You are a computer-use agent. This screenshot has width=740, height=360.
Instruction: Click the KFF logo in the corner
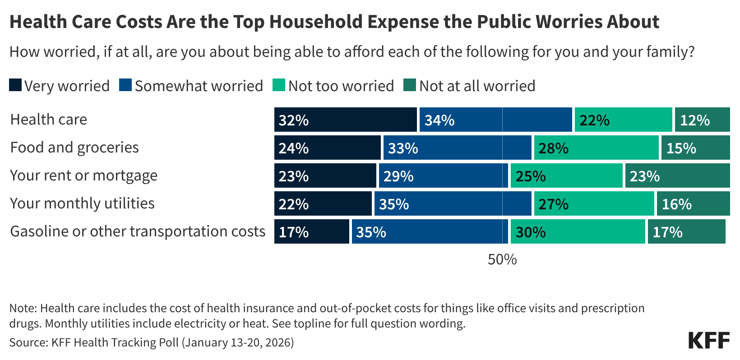709,341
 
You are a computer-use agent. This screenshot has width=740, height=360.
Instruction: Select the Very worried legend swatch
15,85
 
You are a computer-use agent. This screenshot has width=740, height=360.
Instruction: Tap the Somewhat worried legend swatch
125,85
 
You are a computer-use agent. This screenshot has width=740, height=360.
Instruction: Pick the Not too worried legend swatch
279,85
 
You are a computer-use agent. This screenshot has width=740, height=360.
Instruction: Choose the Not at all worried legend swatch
410,85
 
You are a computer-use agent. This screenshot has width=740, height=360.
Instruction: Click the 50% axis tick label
502,259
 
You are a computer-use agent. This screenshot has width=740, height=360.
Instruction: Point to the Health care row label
49,120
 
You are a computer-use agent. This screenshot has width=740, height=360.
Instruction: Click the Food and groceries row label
74,148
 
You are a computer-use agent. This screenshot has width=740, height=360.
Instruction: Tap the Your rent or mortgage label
84,175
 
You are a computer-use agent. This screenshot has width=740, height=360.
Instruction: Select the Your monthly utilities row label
82,203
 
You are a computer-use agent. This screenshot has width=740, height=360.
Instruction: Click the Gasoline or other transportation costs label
138,231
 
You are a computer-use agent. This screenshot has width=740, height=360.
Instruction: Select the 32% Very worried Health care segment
346,120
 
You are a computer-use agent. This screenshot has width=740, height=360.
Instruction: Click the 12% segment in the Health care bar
703,120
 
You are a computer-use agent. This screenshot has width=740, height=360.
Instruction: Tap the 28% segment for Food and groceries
596,148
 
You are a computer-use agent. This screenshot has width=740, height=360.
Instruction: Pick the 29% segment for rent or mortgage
443,175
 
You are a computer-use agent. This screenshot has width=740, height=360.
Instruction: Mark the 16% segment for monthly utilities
693,203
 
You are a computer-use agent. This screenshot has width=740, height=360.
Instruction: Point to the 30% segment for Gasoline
578,231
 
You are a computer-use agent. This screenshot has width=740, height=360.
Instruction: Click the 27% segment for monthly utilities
594,203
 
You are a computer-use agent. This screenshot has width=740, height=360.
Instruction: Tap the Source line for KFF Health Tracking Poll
152,342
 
